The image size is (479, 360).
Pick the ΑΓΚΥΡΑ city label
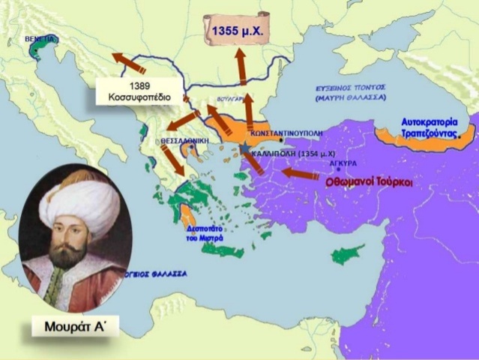pos(343,163)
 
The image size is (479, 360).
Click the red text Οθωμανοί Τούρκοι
pos(369,181)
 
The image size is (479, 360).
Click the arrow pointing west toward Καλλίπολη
pos(303,174)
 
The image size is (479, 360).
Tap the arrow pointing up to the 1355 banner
pos(241,68)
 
